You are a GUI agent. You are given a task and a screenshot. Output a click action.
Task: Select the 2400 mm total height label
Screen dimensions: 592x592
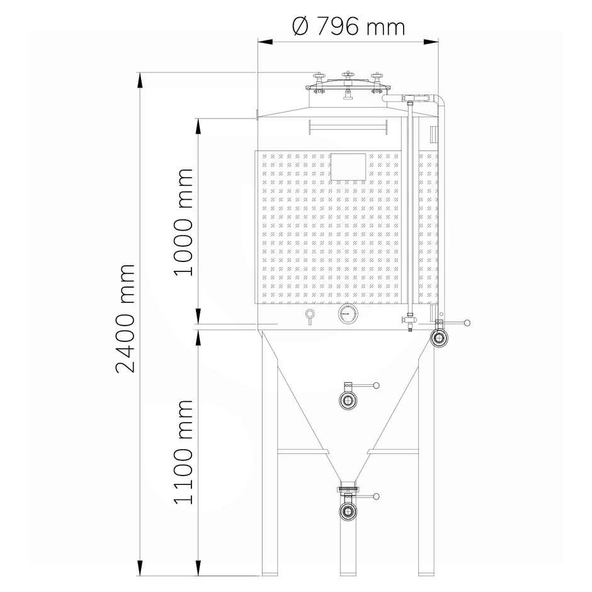pyautogui.click(x=127, y=317)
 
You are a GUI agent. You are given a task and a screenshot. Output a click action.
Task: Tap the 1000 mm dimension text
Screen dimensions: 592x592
pyautogui.click(x=183, y=222)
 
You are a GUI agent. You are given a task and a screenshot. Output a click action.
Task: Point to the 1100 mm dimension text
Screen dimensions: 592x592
pyautogui.click(x=183, y=452)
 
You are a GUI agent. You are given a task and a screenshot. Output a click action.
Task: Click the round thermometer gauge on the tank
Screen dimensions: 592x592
pyautogui.click(x=347, y=314)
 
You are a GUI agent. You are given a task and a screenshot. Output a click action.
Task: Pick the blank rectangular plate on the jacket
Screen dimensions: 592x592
pyautogui.click(x=348, y=166)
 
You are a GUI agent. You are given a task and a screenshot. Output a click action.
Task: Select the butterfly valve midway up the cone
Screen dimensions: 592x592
pyautogui.click(x=347, y=400)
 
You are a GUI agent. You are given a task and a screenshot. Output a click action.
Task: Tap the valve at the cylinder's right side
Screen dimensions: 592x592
pyautogui.click(x=439, y=338)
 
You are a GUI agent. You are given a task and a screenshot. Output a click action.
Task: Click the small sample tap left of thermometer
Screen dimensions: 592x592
pyautogui.click(x=309, y=316)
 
